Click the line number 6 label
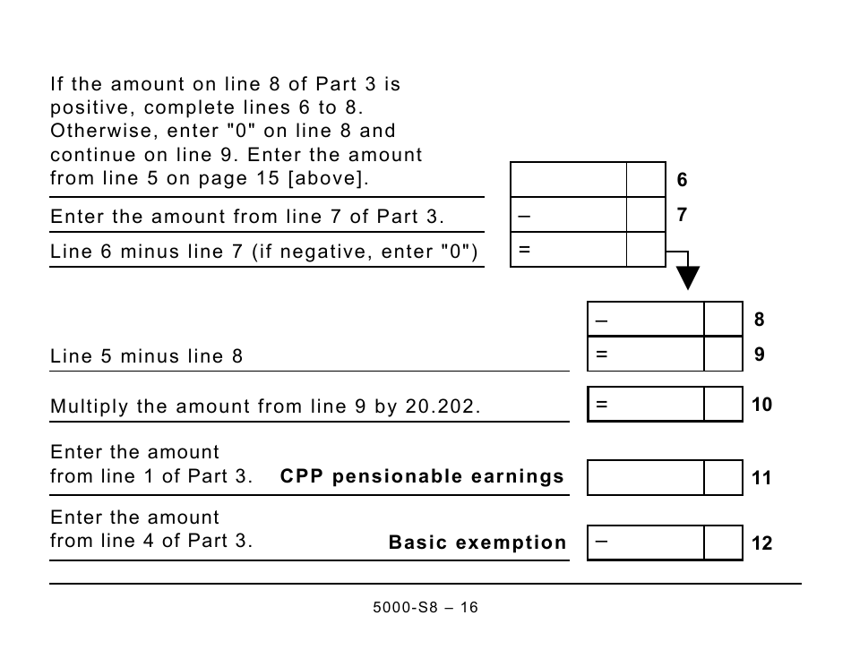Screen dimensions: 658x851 pos(682,180)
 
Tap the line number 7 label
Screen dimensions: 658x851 pos(682,215)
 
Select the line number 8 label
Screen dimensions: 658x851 pos(760,320)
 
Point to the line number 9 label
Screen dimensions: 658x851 pos(760,355)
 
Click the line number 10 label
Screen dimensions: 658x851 pos(761,405)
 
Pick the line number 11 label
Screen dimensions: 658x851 pos(761,478)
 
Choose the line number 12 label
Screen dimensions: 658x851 pos(761,543)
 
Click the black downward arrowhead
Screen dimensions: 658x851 pos(687,278)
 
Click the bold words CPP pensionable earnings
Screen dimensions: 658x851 pos(422,476)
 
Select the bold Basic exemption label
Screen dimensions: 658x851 pos(477,543)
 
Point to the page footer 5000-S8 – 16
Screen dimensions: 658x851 pos(425,608)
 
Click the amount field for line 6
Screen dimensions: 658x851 pos(568,180)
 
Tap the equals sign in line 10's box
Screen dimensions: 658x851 pos(601,405)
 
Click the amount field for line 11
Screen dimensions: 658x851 pos(646,478)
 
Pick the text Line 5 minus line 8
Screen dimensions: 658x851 pos(146,356)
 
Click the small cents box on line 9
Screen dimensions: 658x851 pos(723,355)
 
